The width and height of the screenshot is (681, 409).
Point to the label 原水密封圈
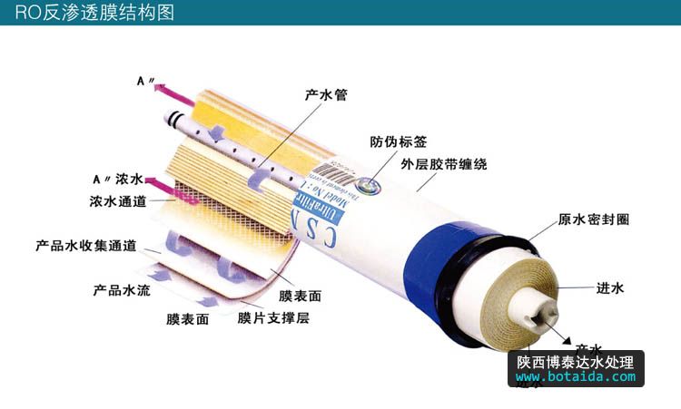(593, 219)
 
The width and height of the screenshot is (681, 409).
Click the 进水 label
(608, 288)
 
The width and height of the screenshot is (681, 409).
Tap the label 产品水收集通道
(85, 246)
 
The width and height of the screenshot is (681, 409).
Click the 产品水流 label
(120, 291)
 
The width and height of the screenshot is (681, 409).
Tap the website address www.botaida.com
(575, 376)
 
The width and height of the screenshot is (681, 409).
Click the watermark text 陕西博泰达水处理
(575, 361)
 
